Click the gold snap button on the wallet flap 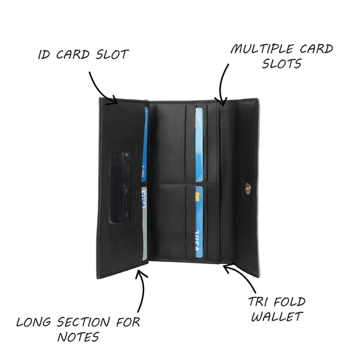click(248, 189)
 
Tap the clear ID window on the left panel click(120, 187)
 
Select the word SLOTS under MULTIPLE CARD click(282, 63)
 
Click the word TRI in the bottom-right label click(257, 301)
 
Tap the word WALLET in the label click(277, 317)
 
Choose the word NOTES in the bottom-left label click(78, 337)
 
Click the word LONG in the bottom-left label click(33, 322)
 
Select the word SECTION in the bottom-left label click(83, 322)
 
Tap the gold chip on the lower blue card click(197, 197)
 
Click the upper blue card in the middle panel click(199, 144)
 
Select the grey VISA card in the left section click(144, 223)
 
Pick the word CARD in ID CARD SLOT click(73, 54)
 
